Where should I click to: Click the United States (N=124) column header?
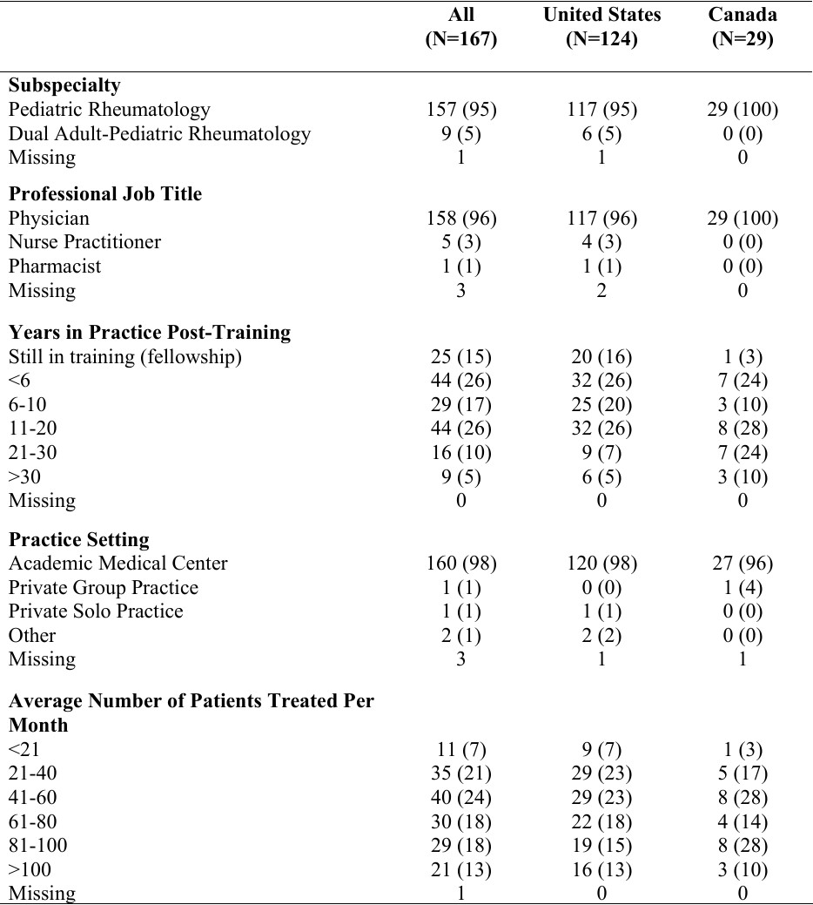click(601, 27)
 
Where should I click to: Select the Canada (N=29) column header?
click(742, 27)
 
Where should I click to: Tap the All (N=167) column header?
click(460, 27)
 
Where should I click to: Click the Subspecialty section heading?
click(64, 85)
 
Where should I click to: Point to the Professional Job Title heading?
click(105, 193)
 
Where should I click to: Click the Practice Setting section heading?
click(79, 539)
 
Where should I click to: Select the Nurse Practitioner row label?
click(84, 242)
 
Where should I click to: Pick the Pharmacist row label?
click(55, 267)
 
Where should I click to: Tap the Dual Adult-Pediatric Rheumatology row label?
click(159, 134)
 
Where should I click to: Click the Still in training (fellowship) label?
click(124, 356)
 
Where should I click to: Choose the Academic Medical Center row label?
click(118, 564)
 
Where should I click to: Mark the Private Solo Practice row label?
click(96, 611)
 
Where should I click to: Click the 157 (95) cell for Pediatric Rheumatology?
click(460, 110)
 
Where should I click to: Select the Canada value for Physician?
click(742, 218)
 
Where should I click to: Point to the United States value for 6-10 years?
click(601, 405)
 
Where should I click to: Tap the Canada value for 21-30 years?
click(742, 453)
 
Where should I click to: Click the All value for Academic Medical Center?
click(460, 564)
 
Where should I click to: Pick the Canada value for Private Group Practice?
click(742, 588)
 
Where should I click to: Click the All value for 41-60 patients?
click(460, 797)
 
